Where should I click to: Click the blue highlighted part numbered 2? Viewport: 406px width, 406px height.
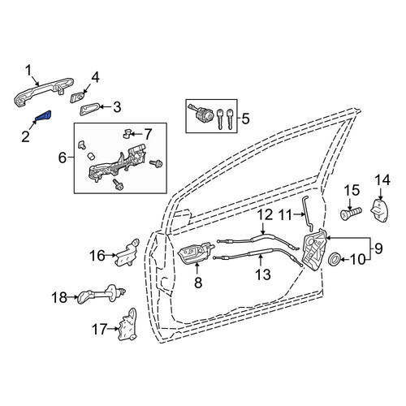43,116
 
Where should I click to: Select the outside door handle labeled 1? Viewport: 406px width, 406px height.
43,92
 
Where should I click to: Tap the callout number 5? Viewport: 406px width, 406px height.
245,119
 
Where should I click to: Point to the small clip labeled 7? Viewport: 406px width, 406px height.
127,134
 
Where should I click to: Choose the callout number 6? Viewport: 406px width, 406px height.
63,158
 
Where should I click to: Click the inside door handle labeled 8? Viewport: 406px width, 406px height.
196,253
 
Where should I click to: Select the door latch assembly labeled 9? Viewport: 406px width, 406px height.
314,250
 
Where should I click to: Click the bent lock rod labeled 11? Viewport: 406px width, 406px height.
308,214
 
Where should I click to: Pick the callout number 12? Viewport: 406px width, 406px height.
265,214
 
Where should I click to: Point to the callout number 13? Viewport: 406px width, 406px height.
263,274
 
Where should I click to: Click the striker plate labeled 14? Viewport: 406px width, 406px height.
381,210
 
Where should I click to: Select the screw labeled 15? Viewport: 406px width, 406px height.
351,214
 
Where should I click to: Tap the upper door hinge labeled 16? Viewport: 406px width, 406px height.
127,253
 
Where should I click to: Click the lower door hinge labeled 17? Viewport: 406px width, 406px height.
127,324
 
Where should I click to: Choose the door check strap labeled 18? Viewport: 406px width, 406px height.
101,295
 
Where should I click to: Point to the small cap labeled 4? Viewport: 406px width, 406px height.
77,97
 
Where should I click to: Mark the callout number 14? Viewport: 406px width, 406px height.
382,180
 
